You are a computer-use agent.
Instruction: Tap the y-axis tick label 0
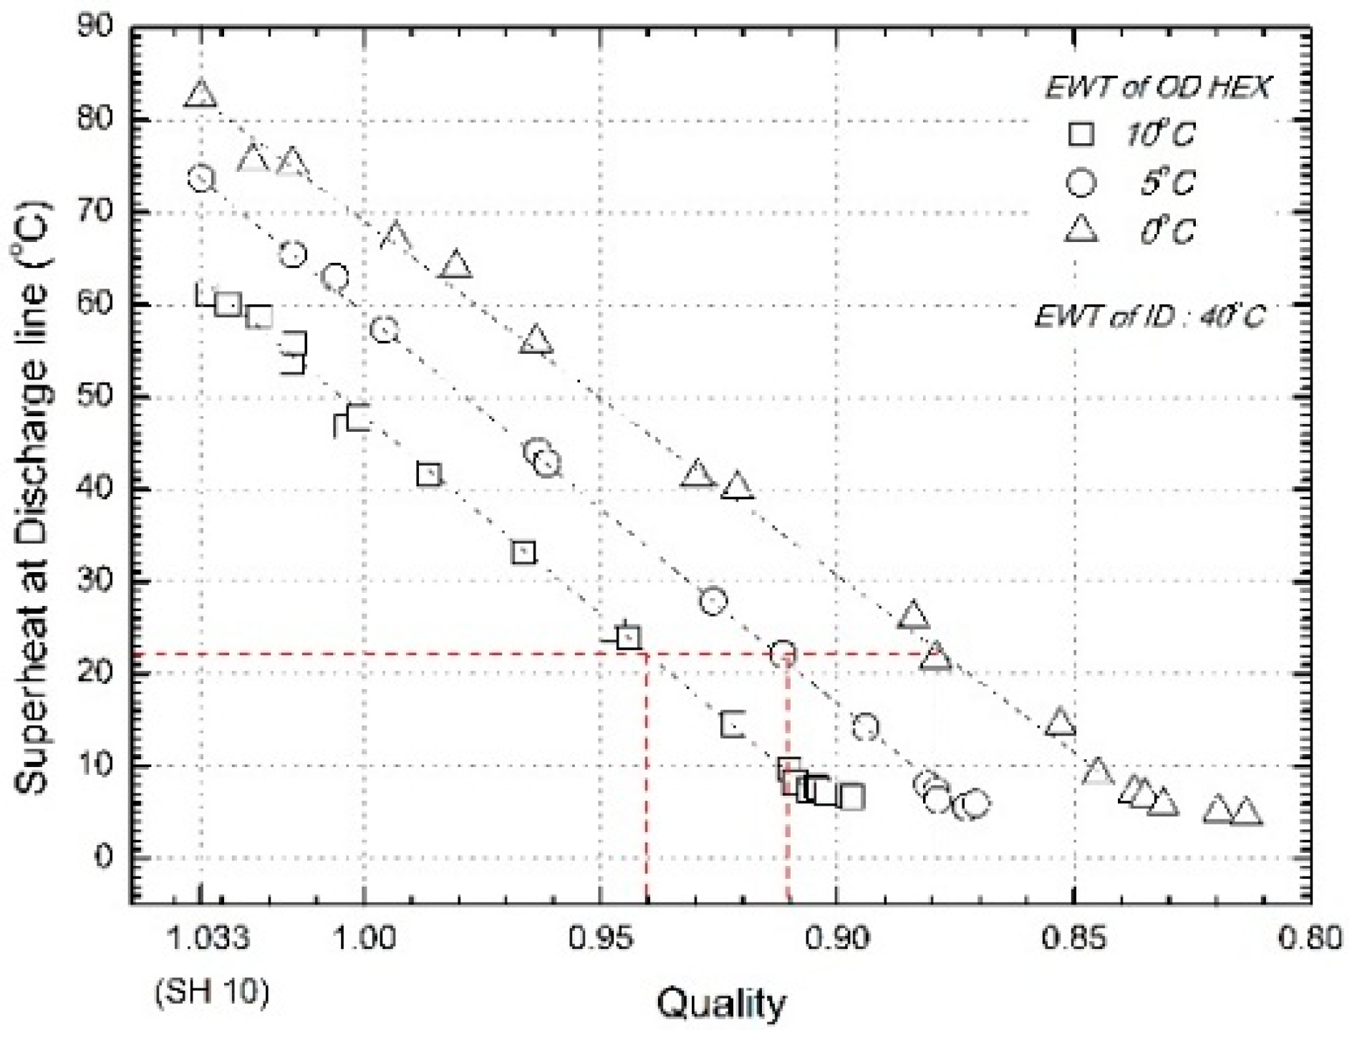106,857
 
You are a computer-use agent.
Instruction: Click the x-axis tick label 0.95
600,938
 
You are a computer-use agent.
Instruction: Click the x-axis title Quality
720,1004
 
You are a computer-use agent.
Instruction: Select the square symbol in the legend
1081,134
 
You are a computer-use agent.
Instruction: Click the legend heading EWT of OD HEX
1158,87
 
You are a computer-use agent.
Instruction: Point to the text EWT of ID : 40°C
1149,315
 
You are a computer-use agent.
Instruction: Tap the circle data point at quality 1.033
201,178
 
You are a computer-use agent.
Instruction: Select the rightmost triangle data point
1247,812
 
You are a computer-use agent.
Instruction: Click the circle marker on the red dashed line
783,652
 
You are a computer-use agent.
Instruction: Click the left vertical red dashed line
647,781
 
